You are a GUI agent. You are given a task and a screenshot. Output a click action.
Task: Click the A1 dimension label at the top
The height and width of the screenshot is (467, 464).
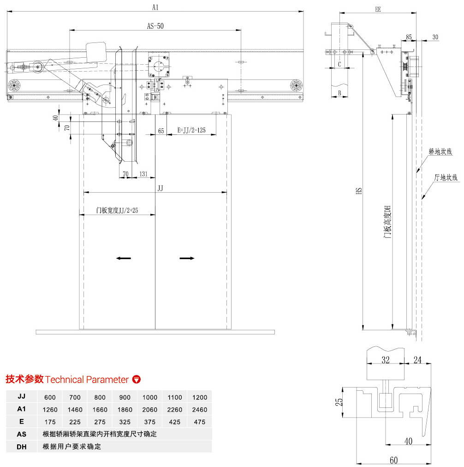pos(155,6)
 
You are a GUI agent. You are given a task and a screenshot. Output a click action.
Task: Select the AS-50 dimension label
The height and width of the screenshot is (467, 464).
pos(155,26)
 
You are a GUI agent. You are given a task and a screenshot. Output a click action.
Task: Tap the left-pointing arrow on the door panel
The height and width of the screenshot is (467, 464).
pos(124,259)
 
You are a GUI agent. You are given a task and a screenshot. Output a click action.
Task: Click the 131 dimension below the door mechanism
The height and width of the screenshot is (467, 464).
pos(143,174)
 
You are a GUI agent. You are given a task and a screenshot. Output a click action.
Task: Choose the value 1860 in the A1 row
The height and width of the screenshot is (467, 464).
pos(125,410)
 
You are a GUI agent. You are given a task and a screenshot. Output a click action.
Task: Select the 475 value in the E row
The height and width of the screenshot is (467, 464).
pos(200,422)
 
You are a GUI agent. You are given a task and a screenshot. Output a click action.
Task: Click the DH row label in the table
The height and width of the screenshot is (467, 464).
pos(21,447)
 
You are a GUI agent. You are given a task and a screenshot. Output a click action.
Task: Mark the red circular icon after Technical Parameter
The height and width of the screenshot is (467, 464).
pos(136,380)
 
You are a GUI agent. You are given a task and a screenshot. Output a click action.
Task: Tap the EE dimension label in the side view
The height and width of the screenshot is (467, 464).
pos(378,8)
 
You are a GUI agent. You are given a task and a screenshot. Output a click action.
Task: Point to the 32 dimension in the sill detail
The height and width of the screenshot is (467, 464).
pos(385,359)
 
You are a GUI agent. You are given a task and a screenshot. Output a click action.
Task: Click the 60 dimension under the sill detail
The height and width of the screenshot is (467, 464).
pos(393,460)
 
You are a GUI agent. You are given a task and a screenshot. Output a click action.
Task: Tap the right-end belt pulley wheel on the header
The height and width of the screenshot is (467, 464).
pos(296,85)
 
